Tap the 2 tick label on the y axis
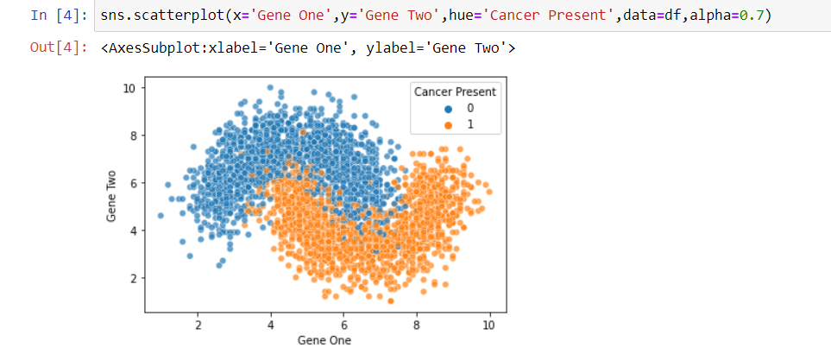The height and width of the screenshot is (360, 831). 133,278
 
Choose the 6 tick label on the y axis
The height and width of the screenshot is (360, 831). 133,183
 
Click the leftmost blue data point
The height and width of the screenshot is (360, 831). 161,215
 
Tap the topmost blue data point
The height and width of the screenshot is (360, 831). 270,87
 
